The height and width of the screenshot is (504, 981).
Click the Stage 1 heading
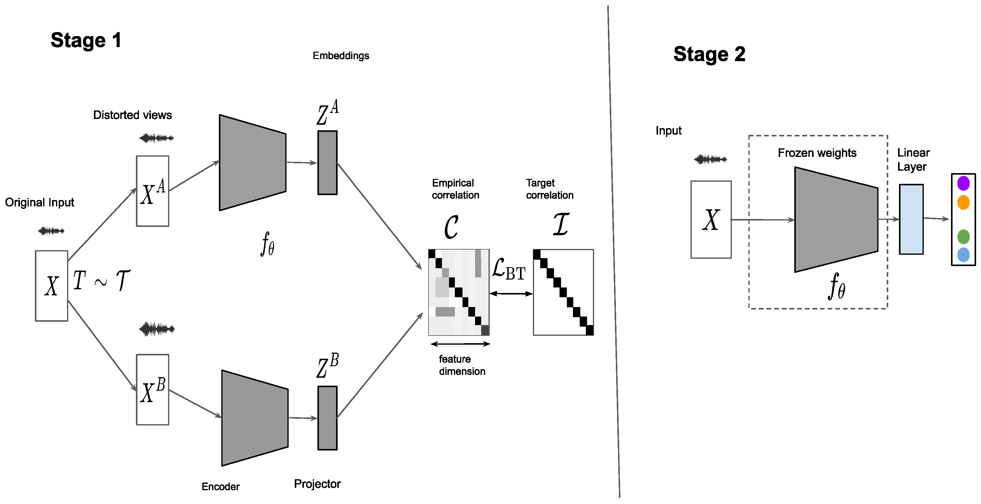(x=86, y=40)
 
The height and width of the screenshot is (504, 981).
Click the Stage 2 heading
(x=709, y=54)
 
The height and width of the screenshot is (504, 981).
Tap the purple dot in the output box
(x=963, y=183)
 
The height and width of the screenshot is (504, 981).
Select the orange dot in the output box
(x=963, y=202)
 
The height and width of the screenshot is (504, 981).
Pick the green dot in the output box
(x=963, y=237)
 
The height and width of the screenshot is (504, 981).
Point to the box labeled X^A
(x=152, y=191)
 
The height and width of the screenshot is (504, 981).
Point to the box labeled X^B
(x=152, y=390)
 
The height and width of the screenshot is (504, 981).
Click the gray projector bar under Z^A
(x=327, y=163)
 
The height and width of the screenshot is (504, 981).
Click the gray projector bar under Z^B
(x=327, y=418)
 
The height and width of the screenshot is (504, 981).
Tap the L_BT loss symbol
(x=508, y=269)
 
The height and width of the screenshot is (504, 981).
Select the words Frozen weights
(x=817, y=153)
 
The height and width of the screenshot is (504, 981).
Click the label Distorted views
(x=132, y=115)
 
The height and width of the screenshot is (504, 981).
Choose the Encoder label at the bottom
(x=220, y=487)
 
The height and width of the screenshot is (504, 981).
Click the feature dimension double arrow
(x=460, y=344)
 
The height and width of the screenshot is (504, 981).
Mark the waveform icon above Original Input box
(x=51, y=231)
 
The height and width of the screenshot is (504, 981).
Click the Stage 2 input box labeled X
(x=711, y=220)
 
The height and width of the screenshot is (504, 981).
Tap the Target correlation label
(x=549, y=189)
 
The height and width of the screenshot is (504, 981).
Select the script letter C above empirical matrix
(x=451, y=227)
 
